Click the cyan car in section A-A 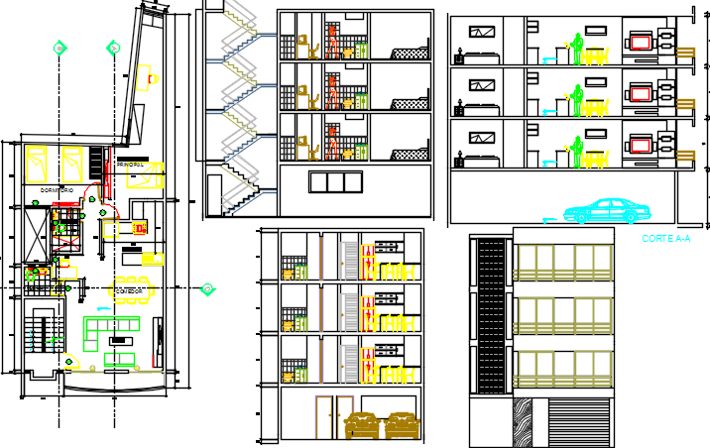coord(604,210)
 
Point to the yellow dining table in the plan coord(133,290)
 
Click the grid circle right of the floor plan coord(207,289)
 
